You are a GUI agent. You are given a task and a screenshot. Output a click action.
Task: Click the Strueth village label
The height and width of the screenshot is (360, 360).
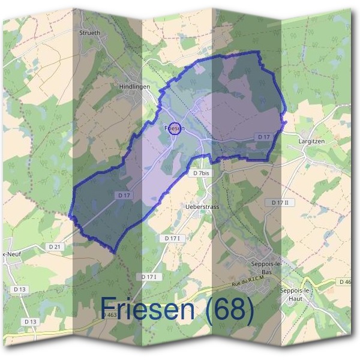(x=90, y=34)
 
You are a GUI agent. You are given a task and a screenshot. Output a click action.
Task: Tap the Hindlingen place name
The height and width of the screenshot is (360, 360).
(x=134, y=86)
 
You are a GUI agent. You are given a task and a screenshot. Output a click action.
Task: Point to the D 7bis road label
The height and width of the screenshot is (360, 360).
(x=202, y=173)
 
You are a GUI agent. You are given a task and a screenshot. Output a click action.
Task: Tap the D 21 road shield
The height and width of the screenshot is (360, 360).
(x=55, y=247)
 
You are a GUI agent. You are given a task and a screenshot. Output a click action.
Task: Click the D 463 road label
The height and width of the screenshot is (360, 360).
(x=109, y=314)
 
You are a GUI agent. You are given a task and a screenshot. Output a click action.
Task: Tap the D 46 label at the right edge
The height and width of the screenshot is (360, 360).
(x=345, y=281)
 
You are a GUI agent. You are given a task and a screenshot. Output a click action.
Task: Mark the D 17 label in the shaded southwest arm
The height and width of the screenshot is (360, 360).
(x=124, y=195)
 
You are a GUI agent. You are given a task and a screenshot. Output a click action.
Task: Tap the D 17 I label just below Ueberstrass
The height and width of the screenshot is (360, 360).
(x=172, y=238)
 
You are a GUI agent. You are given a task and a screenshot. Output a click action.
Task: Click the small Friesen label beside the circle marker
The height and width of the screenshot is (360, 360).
(x=175, y=128)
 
